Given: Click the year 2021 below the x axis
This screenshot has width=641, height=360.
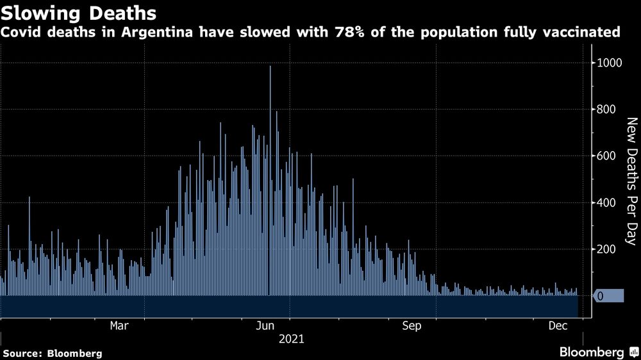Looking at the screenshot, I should coord(291,338).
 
